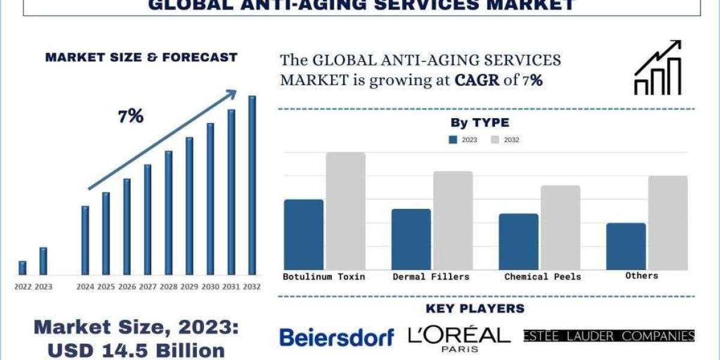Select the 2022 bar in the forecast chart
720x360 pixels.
click(x=23, y=268)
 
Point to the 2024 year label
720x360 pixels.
click(x=85, y=287)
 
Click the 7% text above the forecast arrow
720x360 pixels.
click(x=131, y=116)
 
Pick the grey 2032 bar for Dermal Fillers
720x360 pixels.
click(x=453, y=220)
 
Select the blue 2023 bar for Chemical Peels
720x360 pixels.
click(x=518, y=241)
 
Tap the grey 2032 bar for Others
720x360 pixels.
click(x=668, y=223)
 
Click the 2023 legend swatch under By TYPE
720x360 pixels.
click(x=452, y=140)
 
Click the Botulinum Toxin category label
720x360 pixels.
click(x=324, y=277)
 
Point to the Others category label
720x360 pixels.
click(x=641, y=275)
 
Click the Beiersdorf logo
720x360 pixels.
click(x=337, y=337)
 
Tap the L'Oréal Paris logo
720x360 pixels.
click(x=459, y=338)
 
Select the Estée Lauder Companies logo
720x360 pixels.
click(x=609, y=336)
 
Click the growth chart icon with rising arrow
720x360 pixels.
click(x=658, y=68)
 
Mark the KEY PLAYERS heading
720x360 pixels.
click(x=475, y=309)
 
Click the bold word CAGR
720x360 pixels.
click(x=477, y=80)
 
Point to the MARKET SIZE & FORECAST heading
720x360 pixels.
click(x=141, y=58)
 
